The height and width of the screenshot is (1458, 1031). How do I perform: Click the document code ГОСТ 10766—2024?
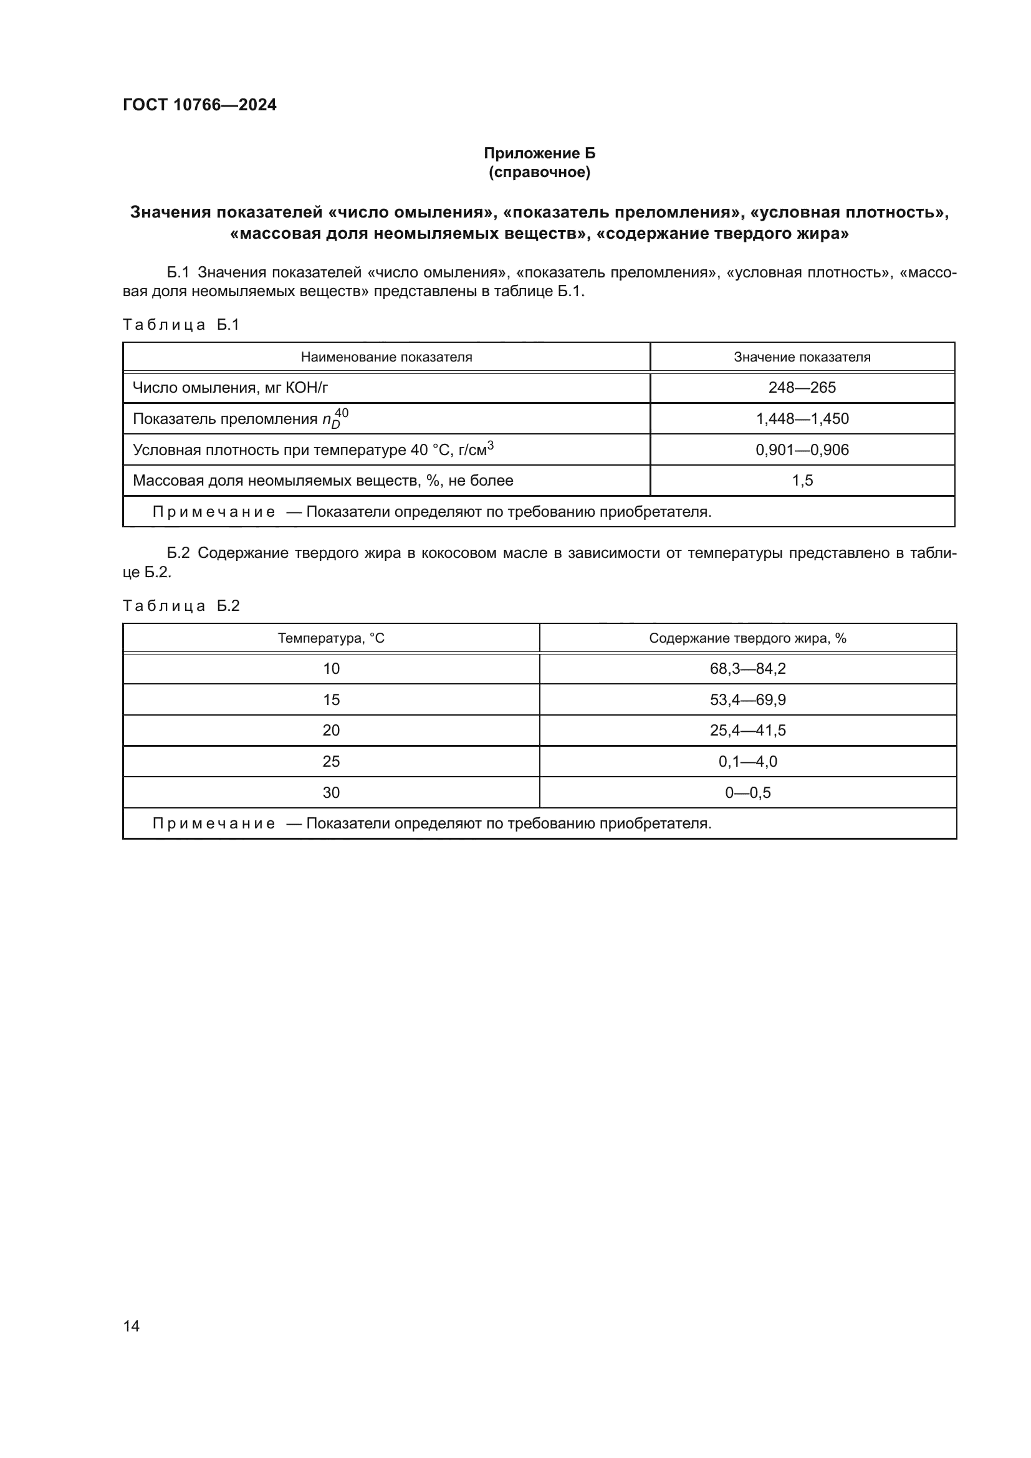pos(199,105)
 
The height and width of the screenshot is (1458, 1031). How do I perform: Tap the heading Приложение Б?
pos(539,153)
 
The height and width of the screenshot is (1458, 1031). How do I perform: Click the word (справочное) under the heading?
pos(539,172)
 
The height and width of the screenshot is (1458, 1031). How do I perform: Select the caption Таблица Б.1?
pos(181,325)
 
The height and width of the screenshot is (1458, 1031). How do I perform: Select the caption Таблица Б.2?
pos(181,605)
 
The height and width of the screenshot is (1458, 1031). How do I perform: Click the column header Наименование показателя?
pos(386,357)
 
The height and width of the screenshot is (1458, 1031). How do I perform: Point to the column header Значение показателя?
pos(802,357)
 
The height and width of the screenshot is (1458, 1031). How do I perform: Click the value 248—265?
pos(802,387)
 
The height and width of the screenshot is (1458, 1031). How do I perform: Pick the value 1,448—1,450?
pos(802,418)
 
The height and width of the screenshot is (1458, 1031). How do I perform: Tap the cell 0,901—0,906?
pos(802,449)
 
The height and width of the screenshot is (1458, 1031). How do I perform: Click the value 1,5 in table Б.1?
pos(802,480)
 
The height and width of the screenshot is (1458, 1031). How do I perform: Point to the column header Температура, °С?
pos(331,638)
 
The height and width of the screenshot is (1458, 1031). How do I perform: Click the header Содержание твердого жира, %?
pos(747,638)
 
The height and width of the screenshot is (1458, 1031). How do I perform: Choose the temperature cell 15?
pos(331,700)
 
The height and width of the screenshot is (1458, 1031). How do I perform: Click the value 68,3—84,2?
pos(747,669)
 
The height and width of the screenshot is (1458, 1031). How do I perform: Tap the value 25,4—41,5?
pos(747,731)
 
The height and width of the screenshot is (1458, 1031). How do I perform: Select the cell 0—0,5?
pos(747,792)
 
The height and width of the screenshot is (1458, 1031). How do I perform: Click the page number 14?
pos(132,1326)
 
